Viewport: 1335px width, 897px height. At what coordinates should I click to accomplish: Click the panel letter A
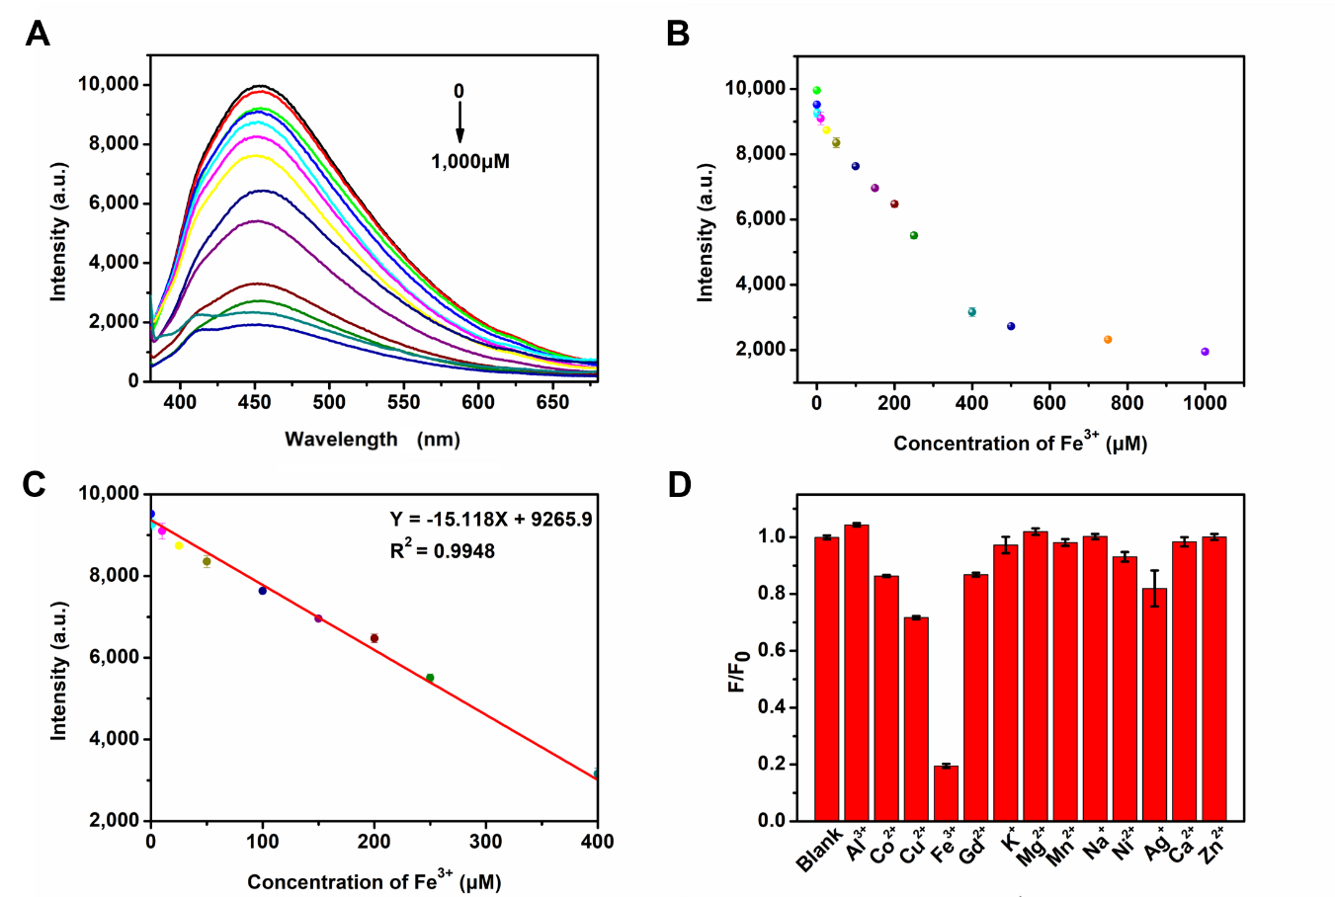click(x=38, y=35)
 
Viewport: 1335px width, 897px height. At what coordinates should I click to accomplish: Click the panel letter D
click(x=679, y=485)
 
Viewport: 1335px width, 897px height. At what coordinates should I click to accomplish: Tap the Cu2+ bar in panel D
click(x=916, y=718)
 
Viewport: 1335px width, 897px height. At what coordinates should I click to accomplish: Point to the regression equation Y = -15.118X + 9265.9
click(x=490, y=520)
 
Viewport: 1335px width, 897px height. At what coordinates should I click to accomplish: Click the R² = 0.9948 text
click(x=442, y=550)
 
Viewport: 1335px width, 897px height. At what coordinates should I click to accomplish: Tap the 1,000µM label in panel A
click(x=470, y=161)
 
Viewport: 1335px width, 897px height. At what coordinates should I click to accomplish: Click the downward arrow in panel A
click(x=459, y=122)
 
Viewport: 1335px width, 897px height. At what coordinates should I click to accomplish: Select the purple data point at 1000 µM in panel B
click(x=1205, y=352)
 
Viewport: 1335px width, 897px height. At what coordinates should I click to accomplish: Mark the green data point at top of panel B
click(x=816, y=90)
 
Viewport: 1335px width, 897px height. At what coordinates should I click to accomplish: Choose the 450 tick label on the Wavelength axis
click(x=255, y=402)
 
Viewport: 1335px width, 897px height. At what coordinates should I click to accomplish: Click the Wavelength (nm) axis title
click(x=373, y=440)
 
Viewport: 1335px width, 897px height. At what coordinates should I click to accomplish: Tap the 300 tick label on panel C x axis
click(x=485, y=842)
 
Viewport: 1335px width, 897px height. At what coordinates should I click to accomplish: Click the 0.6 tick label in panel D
click(x=772, y=650)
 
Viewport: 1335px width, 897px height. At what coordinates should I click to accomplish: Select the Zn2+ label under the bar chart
click(x=1212, y=847)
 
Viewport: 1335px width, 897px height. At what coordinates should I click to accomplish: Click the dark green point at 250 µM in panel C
click(x=430, y=678)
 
